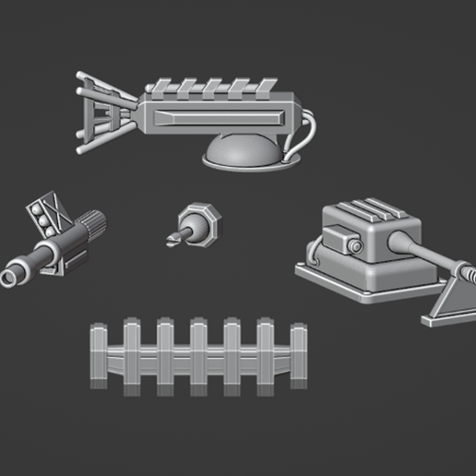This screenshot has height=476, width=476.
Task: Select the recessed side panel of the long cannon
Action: [221, 117]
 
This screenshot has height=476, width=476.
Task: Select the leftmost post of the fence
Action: [99, 356]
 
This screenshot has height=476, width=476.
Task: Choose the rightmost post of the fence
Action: [297, 356]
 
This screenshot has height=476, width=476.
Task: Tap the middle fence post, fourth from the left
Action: [198, 356]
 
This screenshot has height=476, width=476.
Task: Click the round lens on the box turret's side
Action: [353, 246]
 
